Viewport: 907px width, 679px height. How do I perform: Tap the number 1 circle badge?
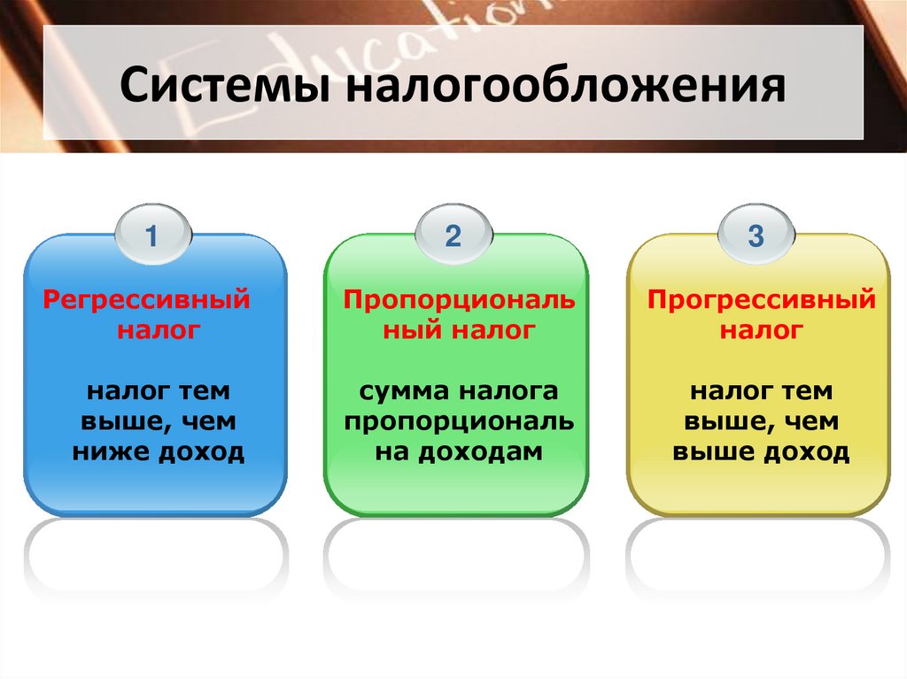coord(151,236)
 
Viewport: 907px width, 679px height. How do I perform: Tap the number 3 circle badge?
coord(755,236)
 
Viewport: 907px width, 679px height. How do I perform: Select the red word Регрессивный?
coord(147,300)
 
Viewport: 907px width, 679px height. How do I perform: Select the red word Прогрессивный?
coord(761,300)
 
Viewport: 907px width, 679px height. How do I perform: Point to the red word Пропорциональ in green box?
coord(459,300)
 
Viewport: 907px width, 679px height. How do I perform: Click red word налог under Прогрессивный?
coord(761,331)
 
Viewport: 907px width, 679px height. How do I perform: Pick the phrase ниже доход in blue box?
coord(157,453)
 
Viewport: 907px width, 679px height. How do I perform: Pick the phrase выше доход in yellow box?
coord(761,453)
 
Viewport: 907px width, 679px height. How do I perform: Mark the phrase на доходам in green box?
coord(457,453)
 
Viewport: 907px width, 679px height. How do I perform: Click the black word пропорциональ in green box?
coord(459,423)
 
